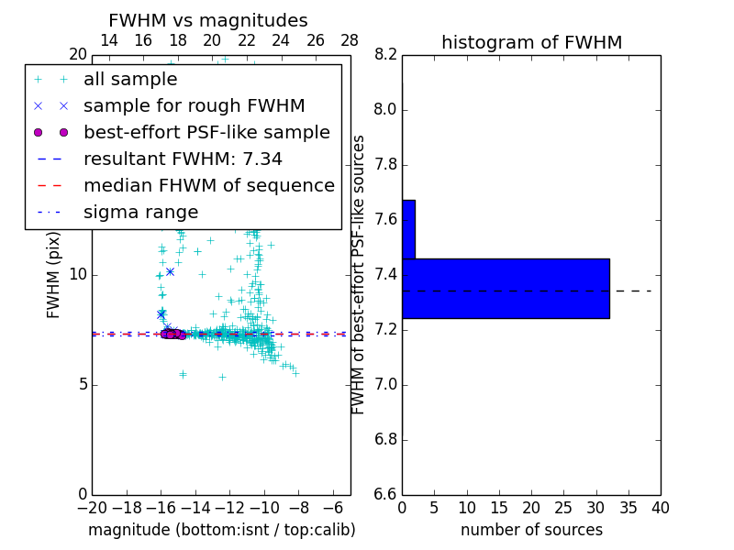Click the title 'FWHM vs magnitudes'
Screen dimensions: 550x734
tap(208, 20)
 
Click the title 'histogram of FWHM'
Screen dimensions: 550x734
tap(531, 42)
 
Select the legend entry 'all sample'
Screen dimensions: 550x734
tap(130, 80)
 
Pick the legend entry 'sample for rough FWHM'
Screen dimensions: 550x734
tap(195, 105)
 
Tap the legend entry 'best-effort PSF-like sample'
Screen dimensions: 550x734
tap(206, 132)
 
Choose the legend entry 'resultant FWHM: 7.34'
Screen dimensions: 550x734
tap(183, 159)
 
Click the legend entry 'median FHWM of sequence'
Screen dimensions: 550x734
tap(208, 185)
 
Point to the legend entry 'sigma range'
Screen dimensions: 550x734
tap(140, 212)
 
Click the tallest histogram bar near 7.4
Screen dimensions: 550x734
tap(506, 288)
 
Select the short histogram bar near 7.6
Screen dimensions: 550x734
tap(408, 229)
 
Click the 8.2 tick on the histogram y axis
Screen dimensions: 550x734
tap(385, 55)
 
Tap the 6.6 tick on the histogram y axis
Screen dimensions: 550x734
tap(385, 494)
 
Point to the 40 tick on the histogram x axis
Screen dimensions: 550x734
tap(660, 508)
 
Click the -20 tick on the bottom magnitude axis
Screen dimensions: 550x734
tap(92, 508)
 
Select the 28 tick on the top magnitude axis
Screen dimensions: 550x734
tap(350, 40)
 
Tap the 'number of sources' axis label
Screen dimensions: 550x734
tap(531, 530)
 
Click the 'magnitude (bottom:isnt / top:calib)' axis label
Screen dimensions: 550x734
tap(221, 530)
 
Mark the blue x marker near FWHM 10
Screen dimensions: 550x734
tap(170, 271)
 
